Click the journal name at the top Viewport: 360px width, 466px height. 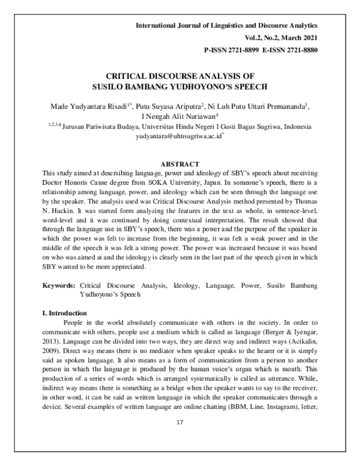(x=227, y=25)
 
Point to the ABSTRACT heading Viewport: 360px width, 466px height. (x=180, y=163)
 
